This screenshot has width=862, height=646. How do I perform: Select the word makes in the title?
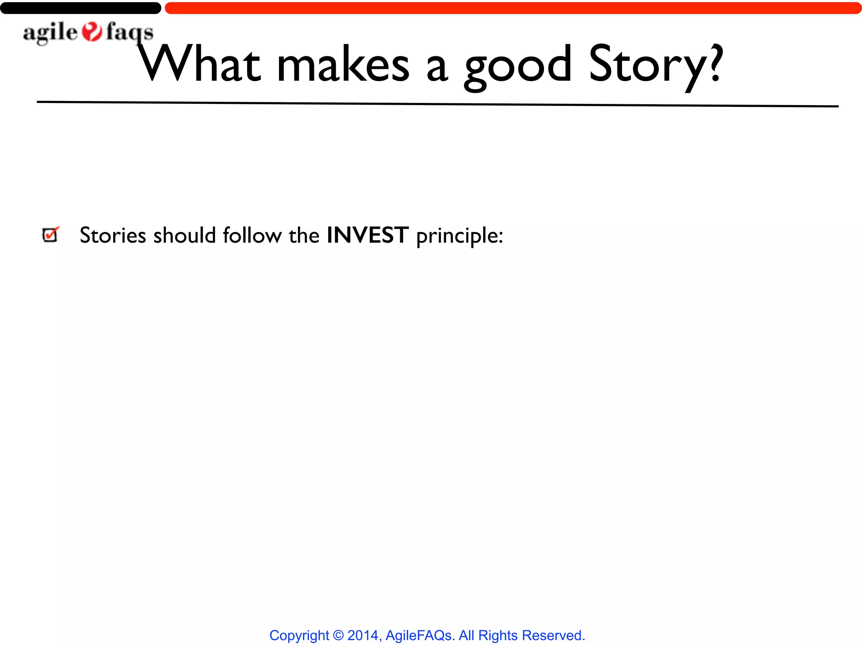343,65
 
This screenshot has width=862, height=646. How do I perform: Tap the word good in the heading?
518,67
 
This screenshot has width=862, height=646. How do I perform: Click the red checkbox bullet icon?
51,234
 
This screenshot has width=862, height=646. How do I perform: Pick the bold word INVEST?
367,235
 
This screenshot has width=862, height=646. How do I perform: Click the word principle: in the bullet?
459,236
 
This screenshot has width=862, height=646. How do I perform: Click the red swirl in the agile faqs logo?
92,32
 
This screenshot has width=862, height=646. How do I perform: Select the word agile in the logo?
50,33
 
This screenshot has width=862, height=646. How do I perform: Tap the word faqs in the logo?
129,33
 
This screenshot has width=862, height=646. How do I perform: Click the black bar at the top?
80,8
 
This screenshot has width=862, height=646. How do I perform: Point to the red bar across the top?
513,8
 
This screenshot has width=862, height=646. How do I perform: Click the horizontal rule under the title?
438,104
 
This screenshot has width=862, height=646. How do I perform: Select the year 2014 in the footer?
362,635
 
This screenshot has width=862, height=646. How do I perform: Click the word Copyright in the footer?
299,635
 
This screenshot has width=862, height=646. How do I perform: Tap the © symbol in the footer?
338,635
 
